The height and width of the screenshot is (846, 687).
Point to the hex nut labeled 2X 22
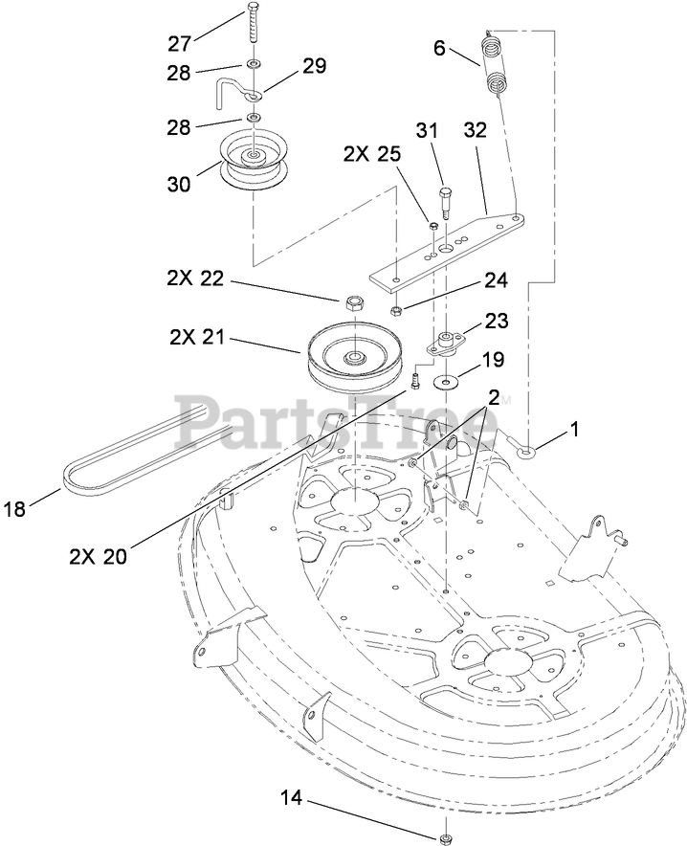[x=352, y=304]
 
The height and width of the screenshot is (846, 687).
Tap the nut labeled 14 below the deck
[x=446, y=838]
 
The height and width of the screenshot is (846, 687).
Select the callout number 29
[x=314, y=67]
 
